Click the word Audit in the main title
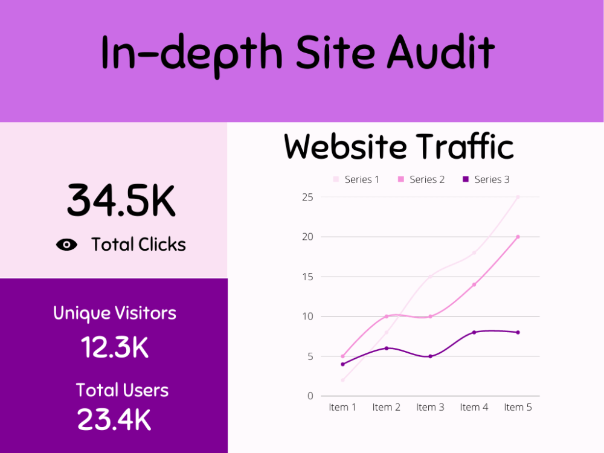pos(441,52)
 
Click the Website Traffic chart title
pos(399,146)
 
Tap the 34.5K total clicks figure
pos(121,201)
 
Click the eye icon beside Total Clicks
pos(66,245)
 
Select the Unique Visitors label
pos(115,313)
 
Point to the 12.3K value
pos(114,347)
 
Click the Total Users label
pos(122,390)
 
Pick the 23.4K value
pos(114,419)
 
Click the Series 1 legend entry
pos(356,179)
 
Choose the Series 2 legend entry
pos(421,179)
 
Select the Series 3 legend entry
pos(486,179)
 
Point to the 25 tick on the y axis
pos(308,198)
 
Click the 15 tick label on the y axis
pos(308,277)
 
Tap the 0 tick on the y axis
pos(310,396)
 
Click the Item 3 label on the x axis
pos(430,407)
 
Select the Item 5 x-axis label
pos(518,407)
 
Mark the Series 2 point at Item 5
pos(518,237)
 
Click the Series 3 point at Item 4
pos(474,332)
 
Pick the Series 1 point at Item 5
pos(518,197)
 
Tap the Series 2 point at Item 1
pos(343,356)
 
